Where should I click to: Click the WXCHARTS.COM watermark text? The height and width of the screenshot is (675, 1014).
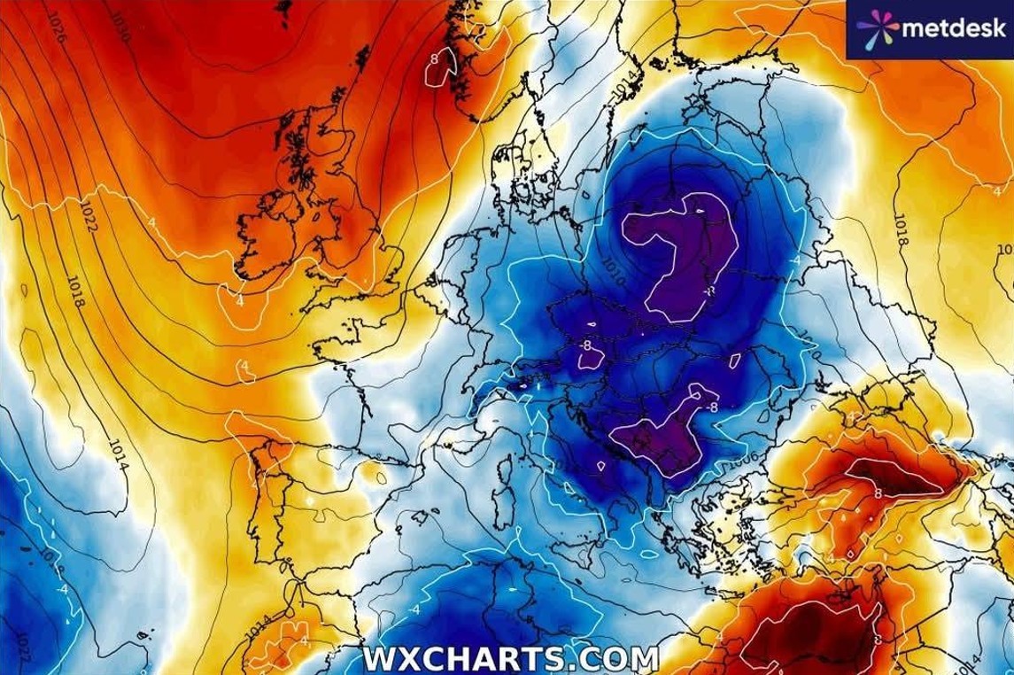tap(511, 659)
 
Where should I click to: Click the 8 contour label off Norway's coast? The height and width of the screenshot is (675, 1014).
tap(434, 59)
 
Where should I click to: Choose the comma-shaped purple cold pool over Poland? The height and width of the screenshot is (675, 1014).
tap(682, 257)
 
